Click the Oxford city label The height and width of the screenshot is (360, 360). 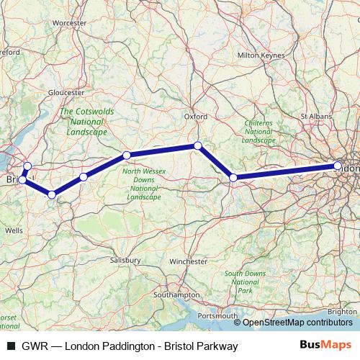click(196, 116)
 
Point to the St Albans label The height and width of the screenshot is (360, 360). click(315, 115)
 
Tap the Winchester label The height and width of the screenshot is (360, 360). click(189, 262)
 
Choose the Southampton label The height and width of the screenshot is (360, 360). click(177, 295)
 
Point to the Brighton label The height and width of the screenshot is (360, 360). click(341, 312)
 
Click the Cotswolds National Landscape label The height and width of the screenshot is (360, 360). click(84, 122)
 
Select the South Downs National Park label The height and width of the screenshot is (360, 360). click(245, 282)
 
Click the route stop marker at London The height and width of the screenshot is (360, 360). click(338, 166)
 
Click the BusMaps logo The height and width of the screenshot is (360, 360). click(325, 346)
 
